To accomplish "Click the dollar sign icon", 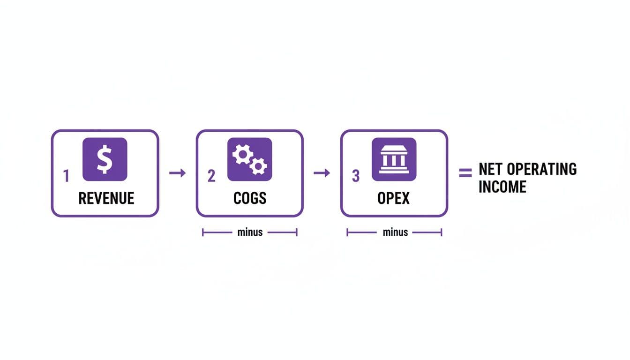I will [x=105, y=159].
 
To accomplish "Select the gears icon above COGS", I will [x=249, y=159].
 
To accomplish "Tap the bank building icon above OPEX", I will [x=394, y=159].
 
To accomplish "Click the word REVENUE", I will [x=106, y=198].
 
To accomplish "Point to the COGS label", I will [x=250, y=198].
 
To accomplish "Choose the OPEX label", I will [x=394, y=198].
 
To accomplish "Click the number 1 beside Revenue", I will [x=66, y=176].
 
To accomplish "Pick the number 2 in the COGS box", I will [x=211, y=176].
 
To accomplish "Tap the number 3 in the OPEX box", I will [x=356, y=176].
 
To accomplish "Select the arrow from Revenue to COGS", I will [x=177, y=173].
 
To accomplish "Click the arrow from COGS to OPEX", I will [x=322, y=173].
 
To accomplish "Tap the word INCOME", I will [x=502, y=187].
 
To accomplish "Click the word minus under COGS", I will [x=250, y=232].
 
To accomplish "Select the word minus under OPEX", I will [x=395, y=232].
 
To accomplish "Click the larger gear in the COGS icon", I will [x=242, y=154].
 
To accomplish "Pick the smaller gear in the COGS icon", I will [x=258, y=165].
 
